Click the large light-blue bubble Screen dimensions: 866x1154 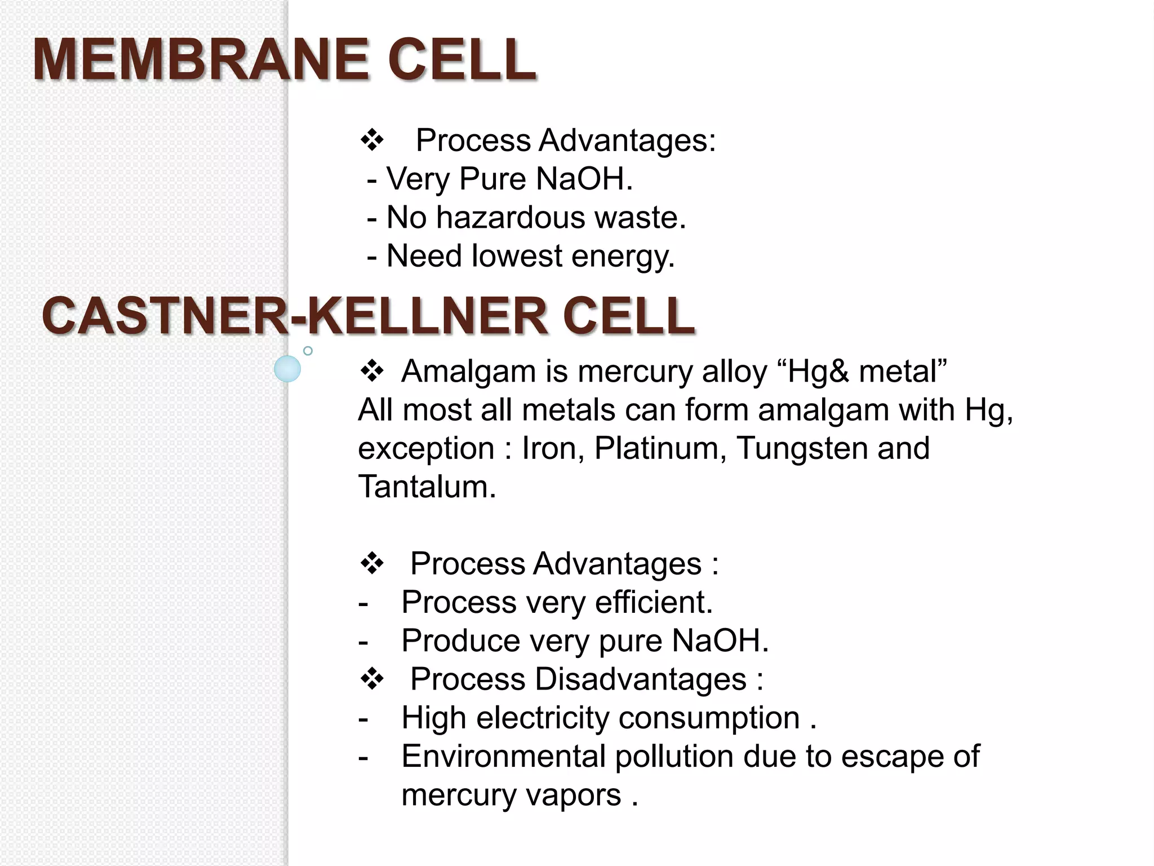287,369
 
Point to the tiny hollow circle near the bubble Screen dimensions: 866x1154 308,351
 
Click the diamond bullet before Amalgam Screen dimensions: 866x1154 372,371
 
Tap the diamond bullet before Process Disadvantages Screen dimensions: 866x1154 372,679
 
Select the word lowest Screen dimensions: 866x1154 517,256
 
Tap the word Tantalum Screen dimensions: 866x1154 427,487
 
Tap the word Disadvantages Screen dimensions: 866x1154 641,679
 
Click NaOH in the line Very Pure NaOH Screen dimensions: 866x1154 584,179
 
